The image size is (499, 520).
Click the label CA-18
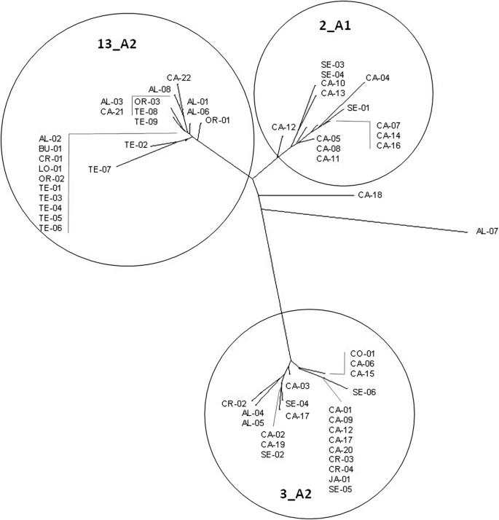pos(370,195)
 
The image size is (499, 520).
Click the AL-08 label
pos(160,90)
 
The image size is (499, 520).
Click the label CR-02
pos(235,403)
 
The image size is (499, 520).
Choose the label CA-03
pos(297,385)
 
